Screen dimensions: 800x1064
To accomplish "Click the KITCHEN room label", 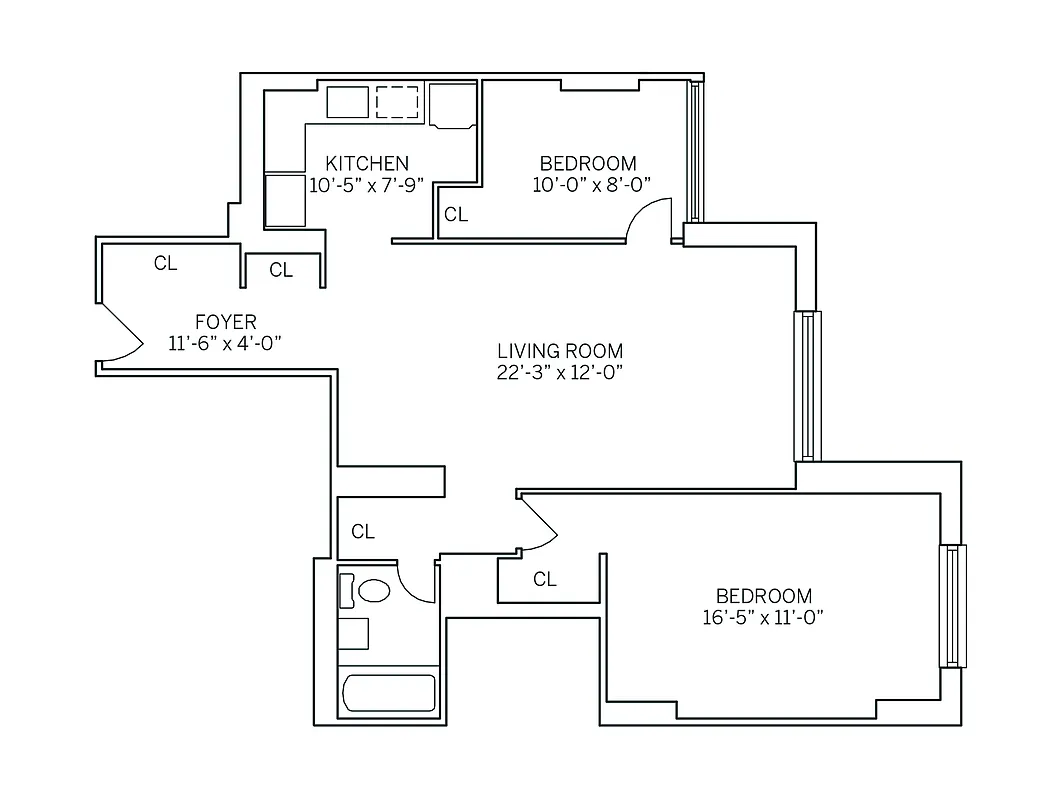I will pos(367,163).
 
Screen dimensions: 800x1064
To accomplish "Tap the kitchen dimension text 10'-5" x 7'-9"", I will pos(367,185).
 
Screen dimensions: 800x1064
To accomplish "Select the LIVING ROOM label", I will pos(560,351).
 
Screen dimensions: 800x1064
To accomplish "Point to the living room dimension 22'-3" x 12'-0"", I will pos(560,373).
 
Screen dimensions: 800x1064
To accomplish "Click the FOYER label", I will pos(225,322).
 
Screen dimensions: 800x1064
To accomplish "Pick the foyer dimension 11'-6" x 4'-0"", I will pos(225,344).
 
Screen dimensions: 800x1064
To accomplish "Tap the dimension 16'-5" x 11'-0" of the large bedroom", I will pos(762,617).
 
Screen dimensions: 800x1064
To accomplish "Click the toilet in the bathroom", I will pos(373,590).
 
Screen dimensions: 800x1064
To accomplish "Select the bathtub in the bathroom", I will pos(389,693).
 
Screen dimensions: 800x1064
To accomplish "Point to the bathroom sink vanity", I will pos(353,634).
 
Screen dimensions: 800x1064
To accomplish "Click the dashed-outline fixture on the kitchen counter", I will pos(397,102).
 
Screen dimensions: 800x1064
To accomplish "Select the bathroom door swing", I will pos(415,582).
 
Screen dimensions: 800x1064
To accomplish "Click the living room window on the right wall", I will pos(807,386).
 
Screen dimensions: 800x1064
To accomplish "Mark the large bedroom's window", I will pos(952,606).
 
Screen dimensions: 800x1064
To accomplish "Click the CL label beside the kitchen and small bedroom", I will pos(456,214).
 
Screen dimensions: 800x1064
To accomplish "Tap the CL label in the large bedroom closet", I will pos(544,579).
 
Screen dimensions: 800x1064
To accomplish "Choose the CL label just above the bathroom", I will pos(363,532).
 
